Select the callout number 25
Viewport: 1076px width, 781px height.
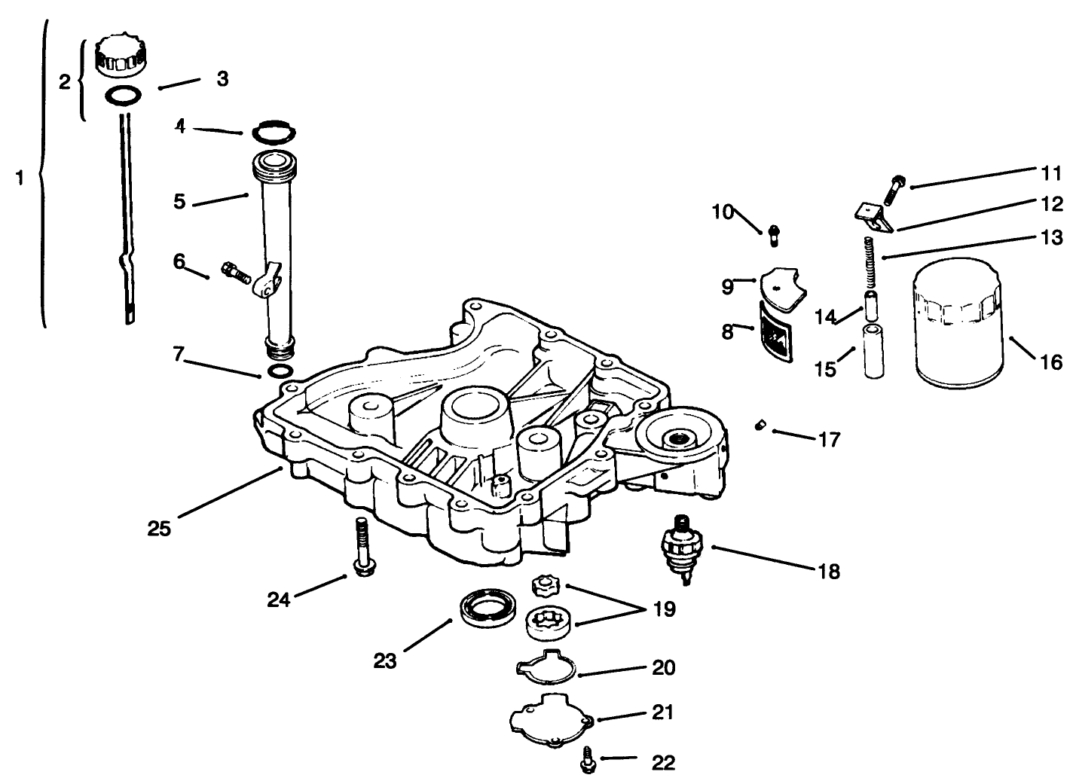click(x=159, y=528)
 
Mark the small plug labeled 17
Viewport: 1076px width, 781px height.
click(x=760, y=427)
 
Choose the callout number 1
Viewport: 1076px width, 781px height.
click(x=20, y=178)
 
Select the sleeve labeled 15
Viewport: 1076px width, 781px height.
click(x=873, y=352)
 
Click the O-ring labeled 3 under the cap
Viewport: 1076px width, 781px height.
click(x=123, y=96)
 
